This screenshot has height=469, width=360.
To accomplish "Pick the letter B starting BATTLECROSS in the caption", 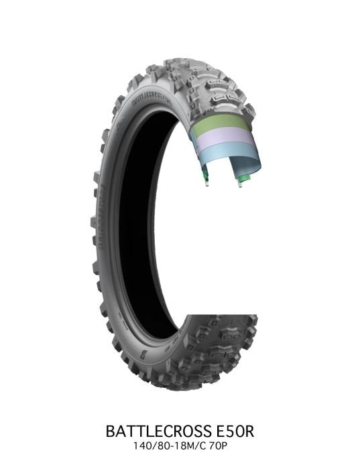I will [x=111, y=429].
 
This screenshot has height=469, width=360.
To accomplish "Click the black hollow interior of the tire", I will [x=151, y=221].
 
